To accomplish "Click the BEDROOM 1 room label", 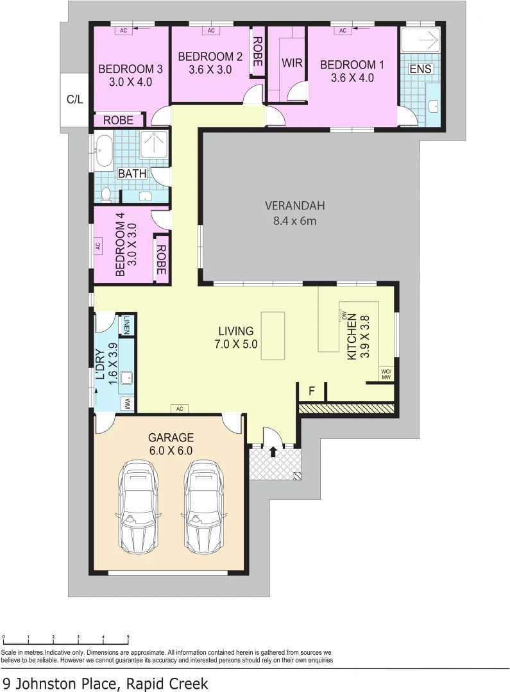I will [x=352, y=65].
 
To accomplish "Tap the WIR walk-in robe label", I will [x=293, y=64].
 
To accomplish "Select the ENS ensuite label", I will [x=421, y=69].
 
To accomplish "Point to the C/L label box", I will [x=75, y=100].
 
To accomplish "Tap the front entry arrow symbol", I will [x=273, y=452].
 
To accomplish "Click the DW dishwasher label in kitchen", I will [x=344, y=315].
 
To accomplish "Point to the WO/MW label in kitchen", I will [x=386, y=375].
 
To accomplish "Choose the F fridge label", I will [x=312, y=390].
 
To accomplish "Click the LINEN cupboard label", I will [x=127, y=325].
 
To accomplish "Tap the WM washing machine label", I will [x=127, y=404].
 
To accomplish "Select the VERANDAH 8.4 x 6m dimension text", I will [x=294, y=221].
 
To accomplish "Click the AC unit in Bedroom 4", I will [x=98, y=245].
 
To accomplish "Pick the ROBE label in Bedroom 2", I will [x=257, y=53].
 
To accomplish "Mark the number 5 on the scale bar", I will [x=128, y=637].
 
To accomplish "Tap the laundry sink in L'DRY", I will [x=126, y=377].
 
